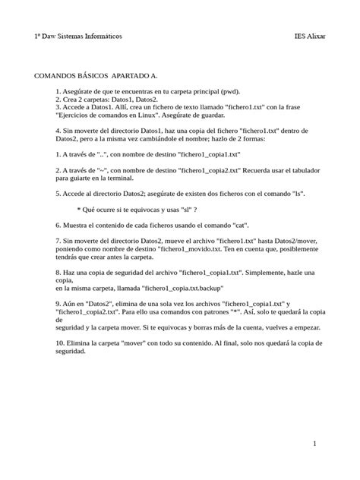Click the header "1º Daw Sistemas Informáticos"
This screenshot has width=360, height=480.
[x=78, y=36]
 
